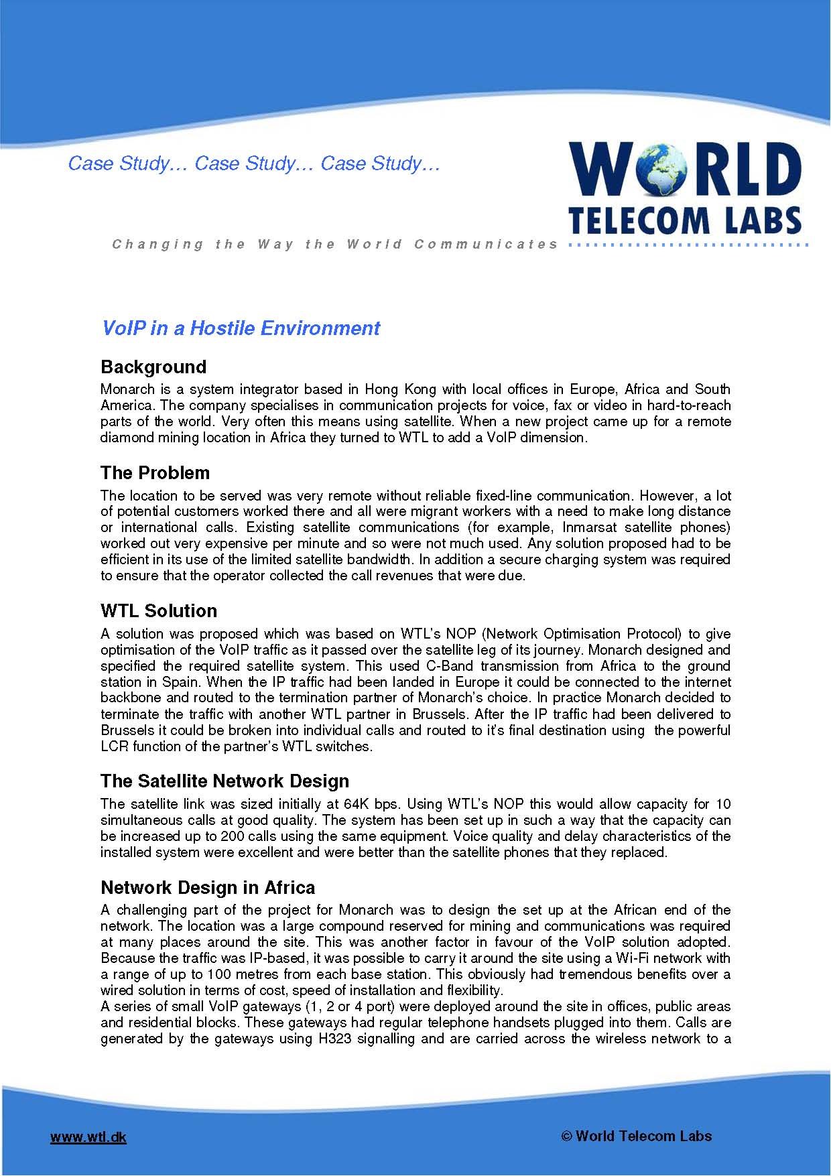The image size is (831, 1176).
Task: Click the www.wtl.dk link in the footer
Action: [88, 1136]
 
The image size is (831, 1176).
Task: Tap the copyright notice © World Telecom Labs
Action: [636, 1135]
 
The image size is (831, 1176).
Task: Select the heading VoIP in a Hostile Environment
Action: [241, 328]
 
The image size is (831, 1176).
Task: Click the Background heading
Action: [153, 367]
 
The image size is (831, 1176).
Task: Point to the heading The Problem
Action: [155, 472]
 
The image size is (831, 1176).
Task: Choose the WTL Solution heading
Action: [159, 610]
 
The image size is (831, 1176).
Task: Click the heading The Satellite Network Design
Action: [225, 781]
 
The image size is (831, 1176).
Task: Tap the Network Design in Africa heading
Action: [208, 887]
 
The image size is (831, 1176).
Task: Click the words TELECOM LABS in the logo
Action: [685, 220]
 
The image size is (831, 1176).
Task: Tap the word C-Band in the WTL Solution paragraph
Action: [449, 666]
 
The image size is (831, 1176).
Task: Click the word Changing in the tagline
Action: [157, 245]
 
